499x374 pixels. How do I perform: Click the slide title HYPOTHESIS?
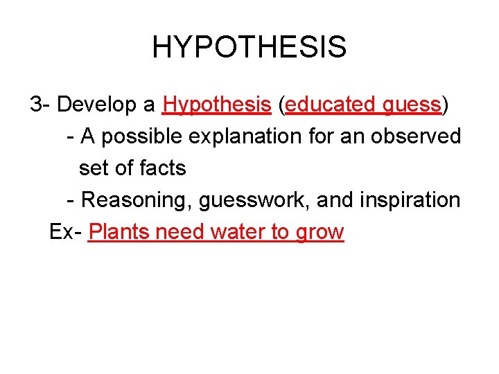[249, 47]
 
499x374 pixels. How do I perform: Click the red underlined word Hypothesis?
[216, 105]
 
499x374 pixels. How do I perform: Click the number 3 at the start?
[36, 105]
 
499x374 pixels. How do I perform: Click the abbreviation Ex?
[62, 232]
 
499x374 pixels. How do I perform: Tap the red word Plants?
[119, 232]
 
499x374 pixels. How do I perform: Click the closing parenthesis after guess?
[445, 105]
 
